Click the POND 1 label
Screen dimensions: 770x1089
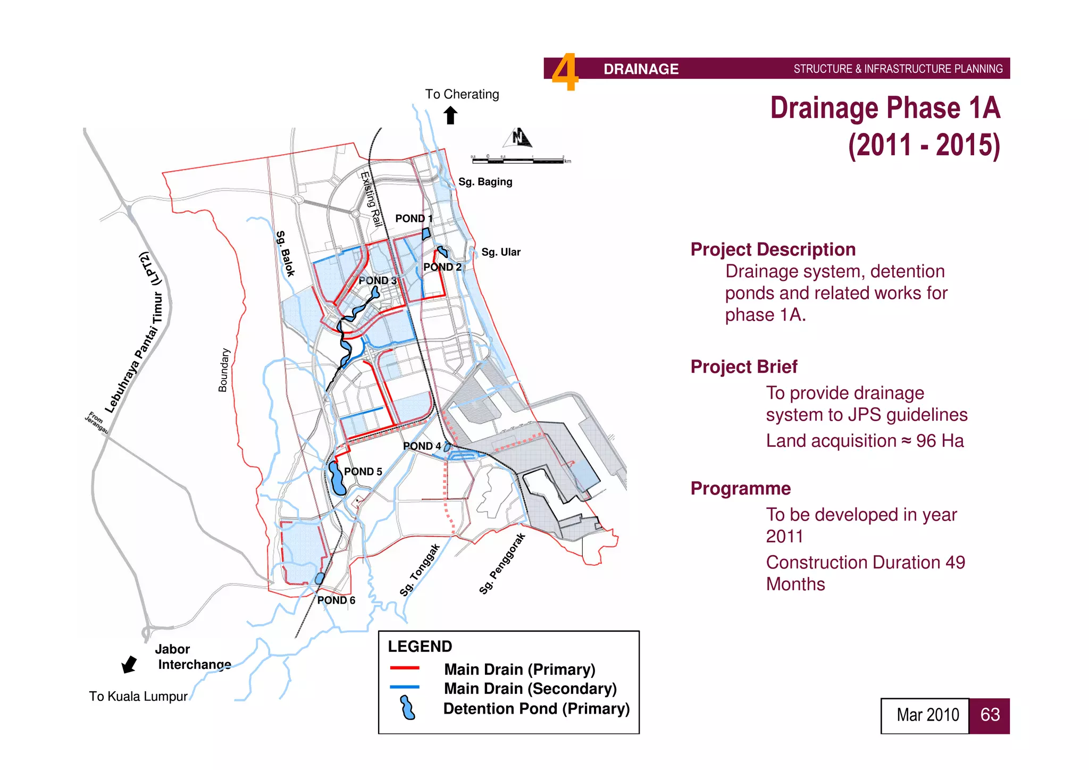[x=414, y=219]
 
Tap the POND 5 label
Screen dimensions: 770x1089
[x=363, y=472]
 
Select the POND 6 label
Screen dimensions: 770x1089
[x=336, y=600]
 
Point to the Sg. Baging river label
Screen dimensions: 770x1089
[x=485, y=182]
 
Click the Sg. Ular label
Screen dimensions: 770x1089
[x=500, y=252]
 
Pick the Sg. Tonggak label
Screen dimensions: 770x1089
[x=420, y=570]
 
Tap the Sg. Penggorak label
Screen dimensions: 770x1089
[x=502, y=563]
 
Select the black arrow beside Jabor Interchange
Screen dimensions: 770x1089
[x=129, y=664]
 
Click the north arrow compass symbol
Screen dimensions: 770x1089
[x=518, y=138]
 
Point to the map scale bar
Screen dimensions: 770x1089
[x=520, y=159]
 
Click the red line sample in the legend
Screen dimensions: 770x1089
[x=404, y=668]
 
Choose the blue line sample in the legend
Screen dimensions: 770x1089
[x=404, y=687]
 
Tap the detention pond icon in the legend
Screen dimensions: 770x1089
[x=407, y=708]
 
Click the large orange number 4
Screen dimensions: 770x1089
[x=565, y=72]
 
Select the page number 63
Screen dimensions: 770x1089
[x=990, y=715]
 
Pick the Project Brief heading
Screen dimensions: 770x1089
[x=743, y=367]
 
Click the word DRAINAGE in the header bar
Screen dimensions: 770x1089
[x=641, y=69]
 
